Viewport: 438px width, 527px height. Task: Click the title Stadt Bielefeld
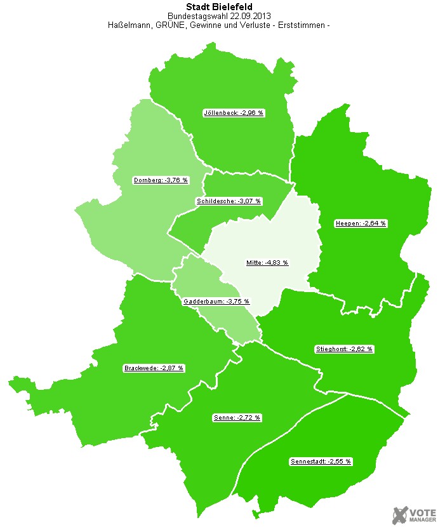(x=218, y=7)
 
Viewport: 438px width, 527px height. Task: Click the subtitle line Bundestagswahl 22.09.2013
(x=218, y=17)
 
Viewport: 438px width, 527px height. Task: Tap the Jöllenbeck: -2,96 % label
(x=233, y=113)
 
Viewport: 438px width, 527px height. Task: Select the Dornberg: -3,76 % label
(x=161, y=180)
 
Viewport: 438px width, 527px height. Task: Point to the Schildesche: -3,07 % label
(x=229, y=201)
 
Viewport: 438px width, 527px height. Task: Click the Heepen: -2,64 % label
(x=361, y=223)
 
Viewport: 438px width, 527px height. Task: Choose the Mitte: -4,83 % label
(x=267, y=262)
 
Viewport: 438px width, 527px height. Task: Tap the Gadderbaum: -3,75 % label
(x=216, y=302)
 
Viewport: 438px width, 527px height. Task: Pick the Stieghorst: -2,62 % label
(x=344, y=349)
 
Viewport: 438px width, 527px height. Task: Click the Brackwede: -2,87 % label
(x=154, y=368)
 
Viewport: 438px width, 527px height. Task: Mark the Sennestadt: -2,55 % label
(x=321, y=461)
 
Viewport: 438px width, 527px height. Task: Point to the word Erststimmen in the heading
(x=297, y=26)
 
